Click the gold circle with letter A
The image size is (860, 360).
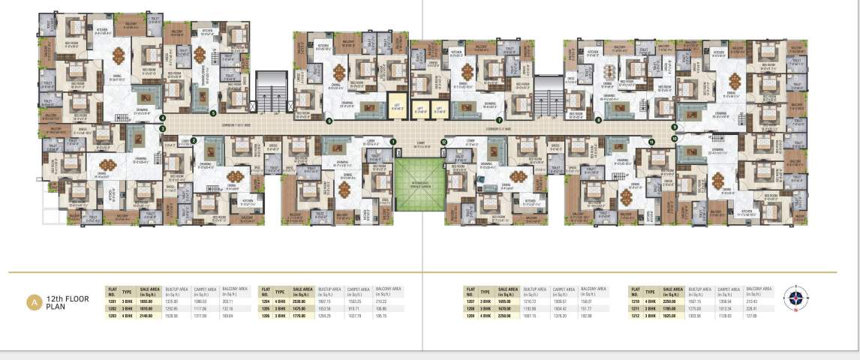click(33, 302)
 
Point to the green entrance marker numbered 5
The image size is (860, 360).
click(213, 114)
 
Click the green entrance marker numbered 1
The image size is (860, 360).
click(392, 140)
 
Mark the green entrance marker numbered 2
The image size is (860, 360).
click(194, 140)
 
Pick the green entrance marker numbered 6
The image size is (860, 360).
click(329, 120)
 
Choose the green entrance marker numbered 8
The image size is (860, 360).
click(598, 120)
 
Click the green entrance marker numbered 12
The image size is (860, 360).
click(444, 141)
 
